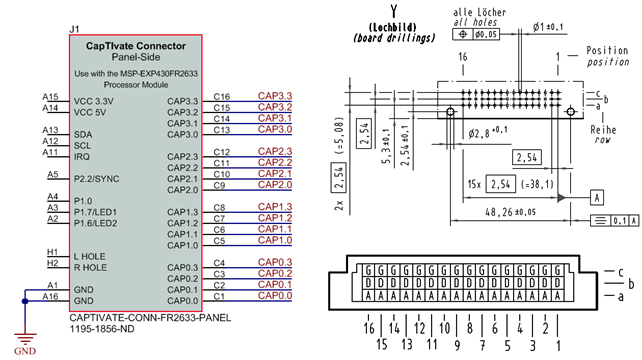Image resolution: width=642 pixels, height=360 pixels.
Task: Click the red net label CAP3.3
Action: click(x=274, y=96)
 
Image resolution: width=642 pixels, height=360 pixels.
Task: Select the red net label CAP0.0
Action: click(x=274, y=296)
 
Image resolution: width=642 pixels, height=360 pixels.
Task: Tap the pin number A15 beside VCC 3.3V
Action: click(x=50, y=96)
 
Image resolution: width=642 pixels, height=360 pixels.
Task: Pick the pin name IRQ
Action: click(x=82, y=156)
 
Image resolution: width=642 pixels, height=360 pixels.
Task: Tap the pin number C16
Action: click(x=222, y=97)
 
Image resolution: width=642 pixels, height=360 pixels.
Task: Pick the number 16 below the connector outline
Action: click(x=370, y=327)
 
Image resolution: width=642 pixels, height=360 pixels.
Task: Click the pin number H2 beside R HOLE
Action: click(x=51, y=262)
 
